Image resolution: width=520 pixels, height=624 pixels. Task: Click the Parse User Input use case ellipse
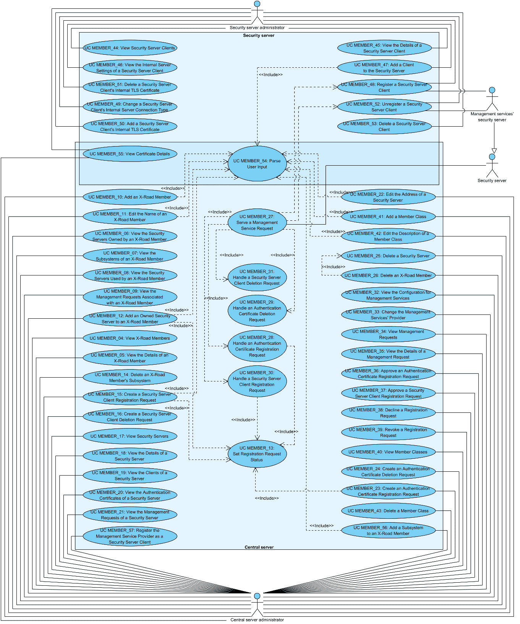[x=257, y=164]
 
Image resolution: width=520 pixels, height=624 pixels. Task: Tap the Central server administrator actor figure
[x=257, y=604]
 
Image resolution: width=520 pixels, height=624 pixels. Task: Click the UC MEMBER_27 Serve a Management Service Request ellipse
[x=257, y=222]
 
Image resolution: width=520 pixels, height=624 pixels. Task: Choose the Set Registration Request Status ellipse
[x=257, y=454]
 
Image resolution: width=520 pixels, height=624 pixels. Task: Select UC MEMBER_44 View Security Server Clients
[x=130, y=48]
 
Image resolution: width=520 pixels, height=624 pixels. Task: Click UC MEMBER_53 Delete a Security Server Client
[x=384, y=127]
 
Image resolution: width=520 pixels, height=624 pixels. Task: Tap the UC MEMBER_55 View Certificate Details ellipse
[x=130, y=154]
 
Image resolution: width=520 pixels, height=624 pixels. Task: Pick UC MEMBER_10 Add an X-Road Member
[x=130, y=197]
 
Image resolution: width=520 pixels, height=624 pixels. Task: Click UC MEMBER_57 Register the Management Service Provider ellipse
[x=130, y=536]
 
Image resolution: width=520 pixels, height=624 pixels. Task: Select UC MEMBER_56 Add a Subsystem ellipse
[x=388, y=531]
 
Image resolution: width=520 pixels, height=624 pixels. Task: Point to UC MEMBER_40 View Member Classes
[x=388, y=452]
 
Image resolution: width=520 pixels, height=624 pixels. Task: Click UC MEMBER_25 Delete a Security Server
[x=388, y=256]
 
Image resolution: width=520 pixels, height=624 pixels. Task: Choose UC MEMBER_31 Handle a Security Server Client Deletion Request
[x=257, y=277]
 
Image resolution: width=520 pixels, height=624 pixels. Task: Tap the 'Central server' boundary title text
[x=259, y=547]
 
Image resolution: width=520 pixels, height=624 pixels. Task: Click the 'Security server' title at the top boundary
[x=259, y=36]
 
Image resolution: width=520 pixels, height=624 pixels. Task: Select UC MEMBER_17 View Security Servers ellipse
[x=130, y=437]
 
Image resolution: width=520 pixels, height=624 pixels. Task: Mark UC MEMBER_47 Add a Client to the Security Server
[x=384, y=68]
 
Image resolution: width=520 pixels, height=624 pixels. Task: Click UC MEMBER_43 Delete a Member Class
[x=388, y=511]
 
